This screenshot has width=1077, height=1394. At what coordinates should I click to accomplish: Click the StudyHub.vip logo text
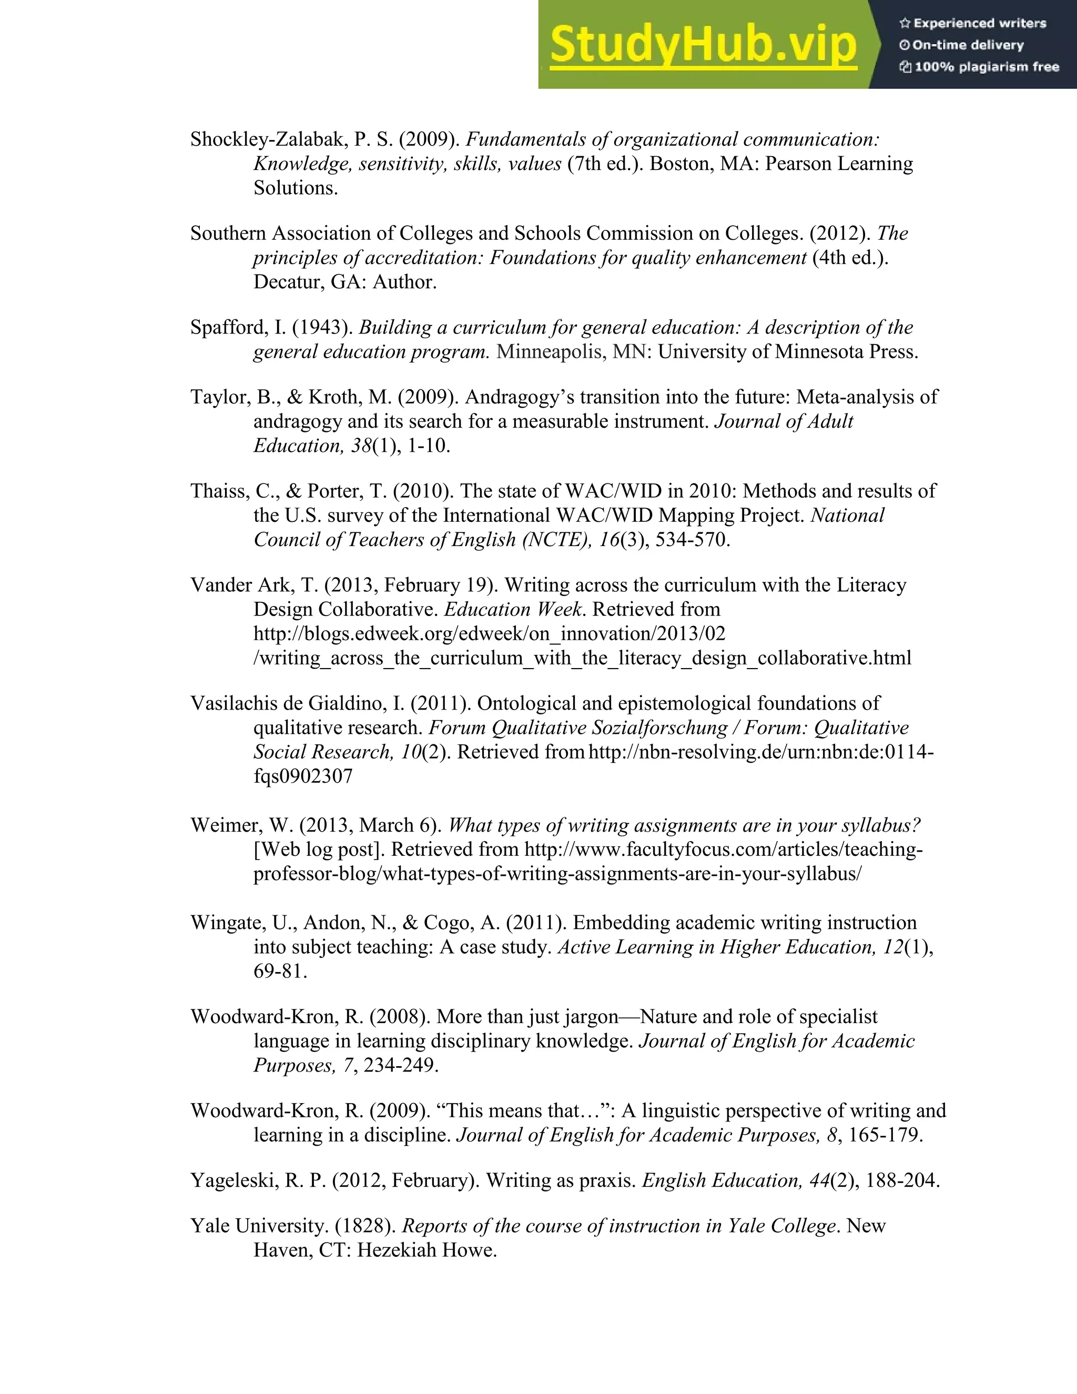(703, 45)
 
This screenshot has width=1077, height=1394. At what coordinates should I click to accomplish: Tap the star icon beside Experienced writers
(904, 24)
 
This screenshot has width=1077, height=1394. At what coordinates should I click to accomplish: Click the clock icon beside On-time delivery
(904, 45)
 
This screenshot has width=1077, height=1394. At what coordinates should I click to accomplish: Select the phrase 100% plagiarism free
(987, 67)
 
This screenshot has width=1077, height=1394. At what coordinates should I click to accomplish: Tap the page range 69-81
(280, 972)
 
